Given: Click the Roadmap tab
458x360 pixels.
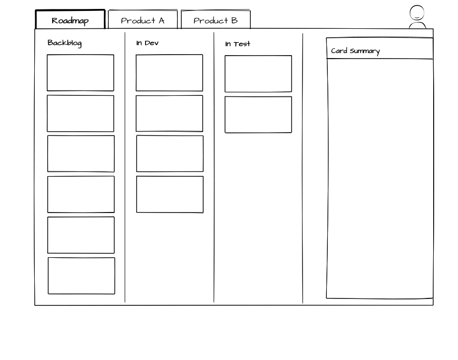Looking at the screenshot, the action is point(70,19).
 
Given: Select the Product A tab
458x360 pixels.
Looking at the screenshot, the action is point(143,19).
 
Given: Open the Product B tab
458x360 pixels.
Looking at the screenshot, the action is point(216,19).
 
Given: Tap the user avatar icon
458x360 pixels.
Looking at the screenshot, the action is point(417,17).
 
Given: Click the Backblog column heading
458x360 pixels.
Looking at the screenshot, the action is point(65,43).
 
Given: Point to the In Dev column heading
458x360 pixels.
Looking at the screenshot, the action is point(147,43).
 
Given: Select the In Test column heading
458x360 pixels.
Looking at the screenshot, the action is point(237,44).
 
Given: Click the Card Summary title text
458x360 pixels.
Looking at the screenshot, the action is point(355,51).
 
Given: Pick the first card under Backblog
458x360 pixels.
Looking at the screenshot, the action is point(80,72).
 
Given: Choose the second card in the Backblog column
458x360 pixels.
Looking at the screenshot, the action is point(80,114).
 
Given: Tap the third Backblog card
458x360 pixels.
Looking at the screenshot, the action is point(81,153).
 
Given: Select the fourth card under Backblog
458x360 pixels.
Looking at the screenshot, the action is point(81,194).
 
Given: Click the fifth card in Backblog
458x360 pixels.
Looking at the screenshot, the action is point(81,235).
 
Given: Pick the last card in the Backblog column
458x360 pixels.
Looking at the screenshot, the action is point(81,276).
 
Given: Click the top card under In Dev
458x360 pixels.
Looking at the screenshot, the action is point(169,72).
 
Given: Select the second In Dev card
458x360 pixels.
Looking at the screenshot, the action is point(169,114).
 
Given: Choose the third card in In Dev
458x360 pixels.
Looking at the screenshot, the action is point(170,153).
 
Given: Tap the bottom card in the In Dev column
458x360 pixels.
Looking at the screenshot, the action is point(170,194).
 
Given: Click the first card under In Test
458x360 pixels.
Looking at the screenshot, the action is point(258,73).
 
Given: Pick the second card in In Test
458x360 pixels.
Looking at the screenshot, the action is point(258,114).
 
